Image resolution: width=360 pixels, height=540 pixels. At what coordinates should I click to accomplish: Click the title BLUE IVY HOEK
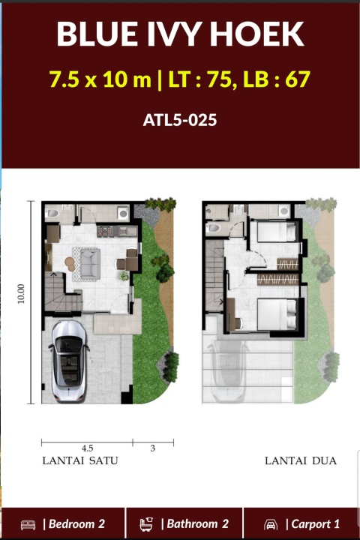(180, 34)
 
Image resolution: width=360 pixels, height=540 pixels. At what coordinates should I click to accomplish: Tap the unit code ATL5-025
(180, 120)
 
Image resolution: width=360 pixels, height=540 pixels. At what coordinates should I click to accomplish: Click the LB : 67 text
(277, 79)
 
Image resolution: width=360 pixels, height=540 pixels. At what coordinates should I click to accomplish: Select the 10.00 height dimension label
(21, 294)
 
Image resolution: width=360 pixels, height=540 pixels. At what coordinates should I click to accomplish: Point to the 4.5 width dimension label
(87, 448)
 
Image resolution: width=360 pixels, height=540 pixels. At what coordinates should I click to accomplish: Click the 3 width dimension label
(152, 448)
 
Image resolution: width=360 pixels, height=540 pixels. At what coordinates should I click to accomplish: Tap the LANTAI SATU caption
(80, 460)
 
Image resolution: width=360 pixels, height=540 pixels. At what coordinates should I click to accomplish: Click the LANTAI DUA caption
(301, 460)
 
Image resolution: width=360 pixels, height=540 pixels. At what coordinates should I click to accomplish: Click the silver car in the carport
(68, 361)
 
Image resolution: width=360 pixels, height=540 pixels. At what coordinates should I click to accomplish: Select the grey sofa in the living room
(90, 264)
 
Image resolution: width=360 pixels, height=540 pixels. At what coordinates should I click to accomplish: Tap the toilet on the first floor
(52, 213)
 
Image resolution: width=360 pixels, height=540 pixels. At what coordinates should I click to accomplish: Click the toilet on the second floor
(213, 228)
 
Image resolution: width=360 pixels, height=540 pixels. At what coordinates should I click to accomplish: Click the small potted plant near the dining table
(124, 275)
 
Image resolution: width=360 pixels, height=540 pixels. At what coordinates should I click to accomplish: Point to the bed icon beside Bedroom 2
(28, 525)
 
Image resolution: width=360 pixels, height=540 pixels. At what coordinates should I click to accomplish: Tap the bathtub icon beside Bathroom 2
(146, 524)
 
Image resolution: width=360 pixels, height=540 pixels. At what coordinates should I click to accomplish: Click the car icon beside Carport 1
(271, 525)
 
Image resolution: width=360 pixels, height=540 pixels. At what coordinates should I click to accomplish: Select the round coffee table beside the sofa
(70, 264)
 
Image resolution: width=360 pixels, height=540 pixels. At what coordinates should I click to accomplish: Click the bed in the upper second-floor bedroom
(277, 232)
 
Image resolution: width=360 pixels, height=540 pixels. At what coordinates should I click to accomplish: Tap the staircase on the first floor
(63, 292)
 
